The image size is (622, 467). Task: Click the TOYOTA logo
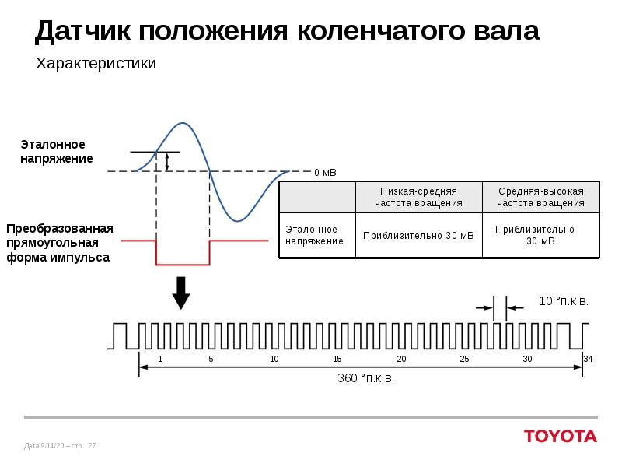pos(560,436)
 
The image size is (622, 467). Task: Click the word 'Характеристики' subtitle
pos(96,63)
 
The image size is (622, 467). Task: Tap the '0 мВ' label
pos(325,172)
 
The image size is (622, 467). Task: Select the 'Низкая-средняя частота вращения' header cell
pos(418,197)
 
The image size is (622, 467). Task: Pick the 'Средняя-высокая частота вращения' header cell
pos(541,197)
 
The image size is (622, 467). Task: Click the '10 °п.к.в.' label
pos(564,301)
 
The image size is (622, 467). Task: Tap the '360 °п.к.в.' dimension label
pos(365,378)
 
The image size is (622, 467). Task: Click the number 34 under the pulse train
pos(588,359)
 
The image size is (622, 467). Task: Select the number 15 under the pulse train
pos(337,359)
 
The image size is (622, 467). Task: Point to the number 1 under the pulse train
pos(160,359)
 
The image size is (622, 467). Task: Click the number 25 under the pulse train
pos(464,359)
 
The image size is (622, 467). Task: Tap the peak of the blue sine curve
pos(183,123)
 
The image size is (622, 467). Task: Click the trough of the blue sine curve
pos(240,220)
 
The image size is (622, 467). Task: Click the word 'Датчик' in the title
pos(82,31)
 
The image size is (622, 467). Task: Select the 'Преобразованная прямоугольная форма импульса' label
pos(60,242)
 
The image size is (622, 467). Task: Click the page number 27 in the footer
pos(93,446)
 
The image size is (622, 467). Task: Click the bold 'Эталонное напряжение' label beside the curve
pos(56,152)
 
